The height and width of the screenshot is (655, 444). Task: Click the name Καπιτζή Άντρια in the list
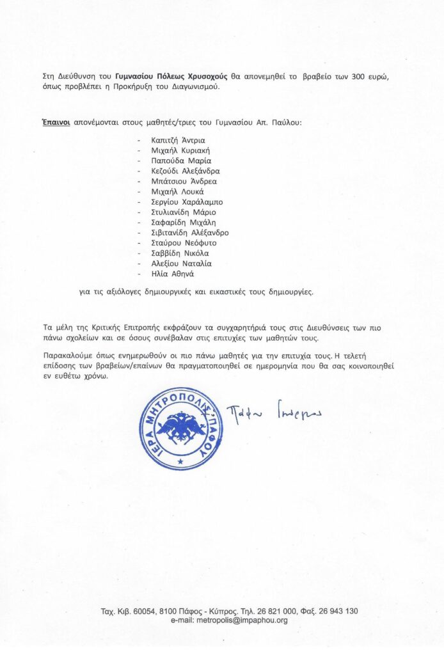174,140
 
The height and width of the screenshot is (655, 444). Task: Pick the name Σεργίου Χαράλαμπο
182,201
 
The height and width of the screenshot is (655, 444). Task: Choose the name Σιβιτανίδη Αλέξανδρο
189,232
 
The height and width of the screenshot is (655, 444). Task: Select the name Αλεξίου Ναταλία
181,263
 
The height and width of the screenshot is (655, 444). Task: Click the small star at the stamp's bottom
180,461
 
